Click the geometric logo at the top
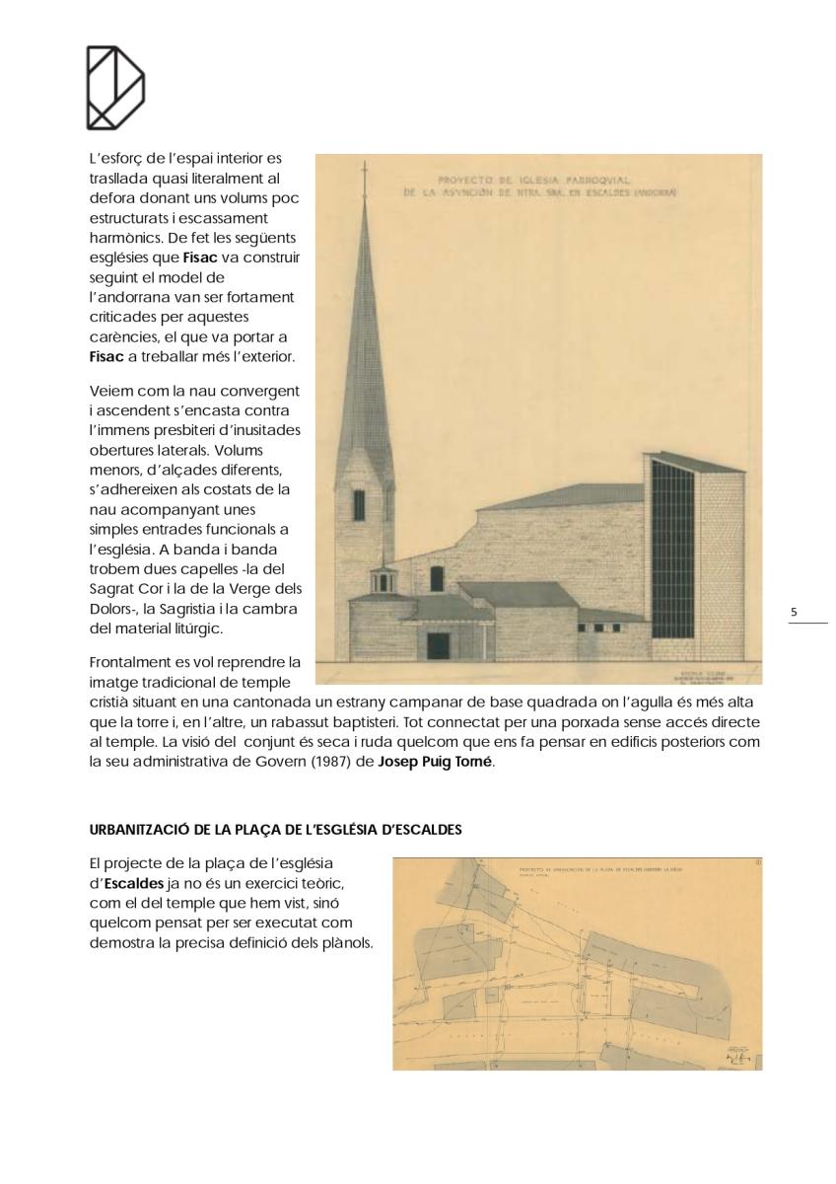[x=115, y=87]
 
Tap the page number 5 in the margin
[x=795, y=613]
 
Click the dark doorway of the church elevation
[x=438, y=645]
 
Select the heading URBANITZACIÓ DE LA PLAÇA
[x=276, y=830]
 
